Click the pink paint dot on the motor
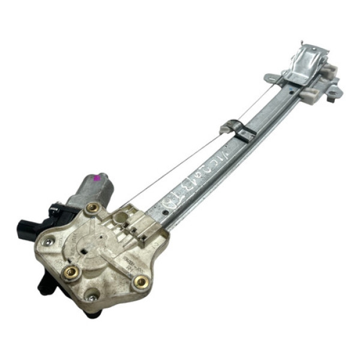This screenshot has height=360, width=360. (95, 178)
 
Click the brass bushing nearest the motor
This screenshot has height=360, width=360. (93, 208)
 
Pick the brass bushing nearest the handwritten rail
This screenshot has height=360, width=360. (142, 281)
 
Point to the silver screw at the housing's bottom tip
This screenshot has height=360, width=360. (92, 298)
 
